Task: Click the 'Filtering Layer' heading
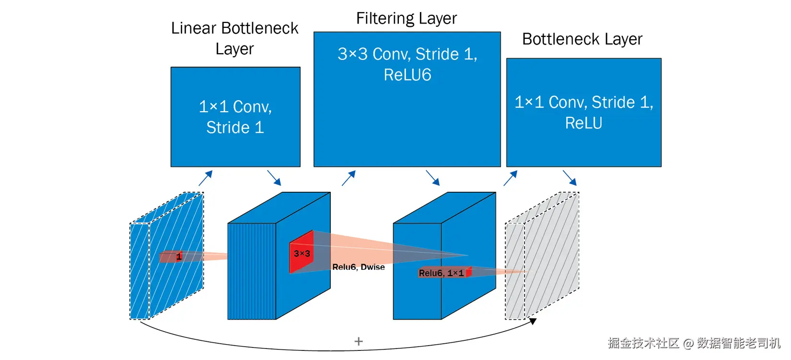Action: click(406, 19)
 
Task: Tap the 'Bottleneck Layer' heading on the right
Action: click(582, 39)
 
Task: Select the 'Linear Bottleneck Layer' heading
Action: click(234, 38)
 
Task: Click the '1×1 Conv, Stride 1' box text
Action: click(235, 117)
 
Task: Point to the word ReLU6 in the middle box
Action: click(407, 75)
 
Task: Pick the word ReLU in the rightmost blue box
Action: click(583, 123)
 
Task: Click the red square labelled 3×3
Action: click(302, 253)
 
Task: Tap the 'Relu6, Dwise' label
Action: click(359, 267)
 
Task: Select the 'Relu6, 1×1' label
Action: click(441, 273)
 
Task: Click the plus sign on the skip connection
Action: click(359, 341)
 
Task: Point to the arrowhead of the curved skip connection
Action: click(533, 321)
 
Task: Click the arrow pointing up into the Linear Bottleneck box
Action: click(205, 178)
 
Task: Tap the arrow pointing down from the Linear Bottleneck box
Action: click(274, 178)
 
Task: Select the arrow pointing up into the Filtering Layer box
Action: click(349, 178)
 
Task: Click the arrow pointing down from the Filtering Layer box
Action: click(432, 178)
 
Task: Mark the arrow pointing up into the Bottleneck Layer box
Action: click(511, 178)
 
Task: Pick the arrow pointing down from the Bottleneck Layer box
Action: click(570, 178)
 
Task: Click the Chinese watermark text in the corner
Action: click(694, 343)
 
